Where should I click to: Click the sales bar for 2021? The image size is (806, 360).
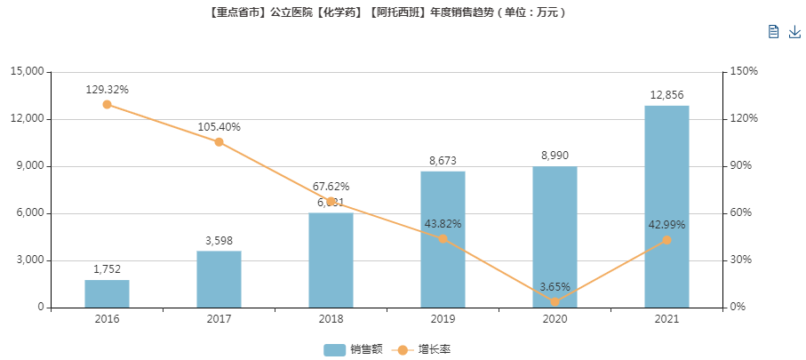click(x=666, y=206)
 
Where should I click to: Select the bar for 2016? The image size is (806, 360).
click(x=107, y=293)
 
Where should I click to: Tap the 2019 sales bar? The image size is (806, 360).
click(x=443, y=239)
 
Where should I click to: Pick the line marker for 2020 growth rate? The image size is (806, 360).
click(x=555, y=302)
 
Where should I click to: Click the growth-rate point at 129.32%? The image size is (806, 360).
click(x=107, y=104)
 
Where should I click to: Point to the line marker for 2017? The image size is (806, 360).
click(x=219, y=141)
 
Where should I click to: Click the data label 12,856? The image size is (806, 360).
click(x=666, y=95)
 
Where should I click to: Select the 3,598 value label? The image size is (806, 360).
click(x=219, y=240)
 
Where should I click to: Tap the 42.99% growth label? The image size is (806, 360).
click(x=666, y=225)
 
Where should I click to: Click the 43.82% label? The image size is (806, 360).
click(x=443, y=223)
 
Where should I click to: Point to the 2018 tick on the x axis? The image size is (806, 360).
click(x=331, y=319)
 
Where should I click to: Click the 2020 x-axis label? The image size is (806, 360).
click(x=555, y=319)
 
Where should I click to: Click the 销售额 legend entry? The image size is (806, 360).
click(x=353, y=349)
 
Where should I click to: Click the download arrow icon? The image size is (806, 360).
click(x=794, y=32)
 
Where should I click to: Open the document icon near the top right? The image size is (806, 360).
click(x=773, y=32)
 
